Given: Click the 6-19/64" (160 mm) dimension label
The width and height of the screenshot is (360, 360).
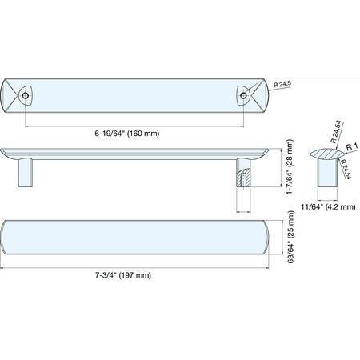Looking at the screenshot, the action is [x=127, y=134].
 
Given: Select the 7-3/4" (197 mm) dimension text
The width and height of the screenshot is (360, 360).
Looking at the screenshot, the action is [x=123, y=275].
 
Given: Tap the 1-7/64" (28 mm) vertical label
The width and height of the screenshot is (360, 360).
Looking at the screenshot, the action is [x=290, y=167].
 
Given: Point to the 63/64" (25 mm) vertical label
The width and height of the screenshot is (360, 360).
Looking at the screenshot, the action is [x=290, y=237].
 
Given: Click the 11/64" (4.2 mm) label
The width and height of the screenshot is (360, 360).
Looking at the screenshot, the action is [x=328, y=206].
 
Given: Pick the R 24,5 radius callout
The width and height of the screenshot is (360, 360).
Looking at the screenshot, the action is [x=282, y=84].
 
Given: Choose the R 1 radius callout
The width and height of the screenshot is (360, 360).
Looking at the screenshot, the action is [x=352, y=146].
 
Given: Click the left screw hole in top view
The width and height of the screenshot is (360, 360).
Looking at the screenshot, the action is [x=26, y=95].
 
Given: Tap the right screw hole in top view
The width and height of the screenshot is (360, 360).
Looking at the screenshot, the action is [x=243, y=95].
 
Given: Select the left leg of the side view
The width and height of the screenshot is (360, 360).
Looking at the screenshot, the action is [x=26, y=173].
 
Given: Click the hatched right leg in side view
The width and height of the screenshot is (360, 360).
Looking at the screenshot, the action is [x=244, y=173].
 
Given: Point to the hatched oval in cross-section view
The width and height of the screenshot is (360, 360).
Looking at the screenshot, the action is [x=327, y=154].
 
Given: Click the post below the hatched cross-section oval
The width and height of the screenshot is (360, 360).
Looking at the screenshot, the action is [x=327, y=173].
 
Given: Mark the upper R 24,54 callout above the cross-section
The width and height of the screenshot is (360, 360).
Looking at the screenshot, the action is [x=336, y=132].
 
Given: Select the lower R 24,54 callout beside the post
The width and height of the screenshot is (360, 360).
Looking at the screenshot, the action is [x=346, y=169].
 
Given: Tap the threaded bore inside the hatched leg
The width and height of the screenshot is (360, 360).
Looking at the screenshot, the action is [x=243, y=180].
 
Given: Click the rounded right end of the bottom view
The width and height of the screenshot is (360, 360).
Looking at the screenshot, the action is [x=266, y=237].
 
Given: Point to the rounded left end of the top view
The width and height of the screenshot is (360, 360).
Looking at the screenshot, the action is [x=3, y=95].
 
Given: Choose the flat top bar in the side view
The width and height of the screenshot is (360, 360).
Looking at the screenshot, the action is [x=134, y=154].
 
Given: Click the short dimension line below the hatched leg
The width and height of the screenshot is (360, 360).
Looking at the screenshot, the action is [x=244, y=212].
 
